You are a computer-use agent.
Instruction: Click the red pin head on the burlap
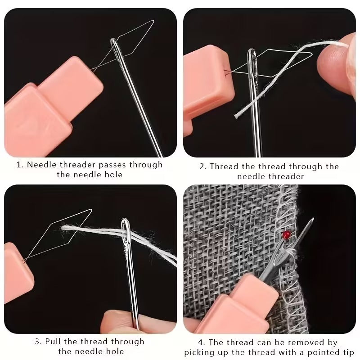click(285, 234)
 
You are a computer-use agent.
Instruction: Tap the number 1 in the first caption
click(19, 165)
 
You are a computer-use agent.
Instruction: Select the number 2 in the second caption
click(202, 166)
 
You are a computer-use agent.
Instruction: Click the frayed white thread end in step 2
click(237, 116)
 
